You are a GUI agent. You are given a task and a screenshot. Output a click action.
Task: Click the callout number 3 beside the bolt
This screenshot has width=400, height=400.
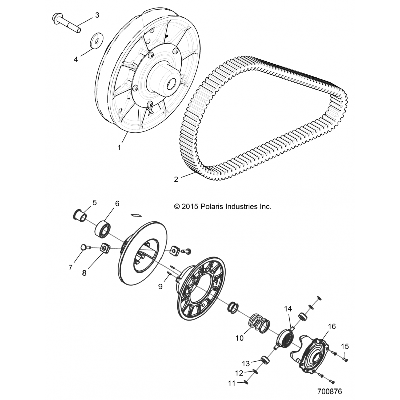(x=97, y=15)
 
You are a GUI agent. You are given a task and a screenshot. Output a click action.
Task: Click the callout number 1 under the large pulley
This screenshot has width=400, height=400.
(x=119, y=147)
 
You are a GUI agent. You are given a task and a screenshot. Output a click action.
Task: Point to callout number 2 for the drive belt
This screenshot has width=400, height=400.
(x=176, y=179)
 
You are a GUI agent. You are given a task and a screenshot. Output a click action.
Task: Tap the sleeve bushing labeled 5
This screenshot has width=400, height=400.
(x=80, y=215)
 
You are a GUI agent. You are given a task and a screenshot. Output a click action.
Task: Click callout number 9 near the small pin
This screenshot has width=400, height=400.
(x=160, y=286)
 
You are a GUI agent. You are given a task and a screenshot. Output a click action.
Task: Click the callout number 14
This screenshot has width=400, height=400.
(x=288, y=309)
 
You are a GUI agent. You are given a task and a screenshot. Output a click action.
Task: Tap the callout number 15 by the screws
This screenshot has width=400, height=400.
(x=345, y=346)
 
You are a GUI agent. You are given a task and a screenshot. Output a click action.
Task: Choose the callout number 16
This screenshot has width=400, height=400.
(x=332, y=326)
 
